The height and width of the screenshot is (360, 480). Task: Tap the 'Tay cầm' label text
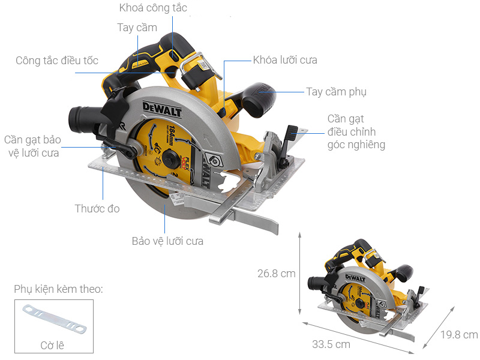(x=137, y=28)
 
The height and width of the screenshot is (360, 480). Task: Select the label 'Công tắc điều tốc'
(x=57, y=61)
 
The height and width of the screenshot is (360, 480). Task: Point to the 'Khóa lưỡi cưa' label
(x=284, y=61)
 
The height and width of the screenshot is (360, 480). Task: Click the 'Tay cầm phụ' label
(x=336, y=92)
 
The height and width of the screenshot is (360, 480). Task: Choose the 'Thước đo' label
(x=97, y=209)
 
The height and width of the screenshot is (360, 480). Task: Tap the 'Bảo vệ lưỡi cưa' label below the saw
(x=167, y=241)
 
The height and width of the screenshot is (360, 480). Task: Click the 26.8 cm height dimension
(x=276, y=274)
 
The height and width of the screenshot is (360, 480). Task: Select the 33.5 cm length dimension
(x=331, y=344)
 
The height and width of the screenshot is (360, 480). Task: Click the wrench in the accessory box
(x=54, y=319)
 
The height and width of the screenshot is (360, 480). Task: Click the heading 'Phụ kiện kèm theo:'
(x=58, y=289)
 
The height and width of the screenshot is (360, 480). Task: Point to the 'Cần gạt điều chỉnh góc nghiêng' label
(x=356, y=131)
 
